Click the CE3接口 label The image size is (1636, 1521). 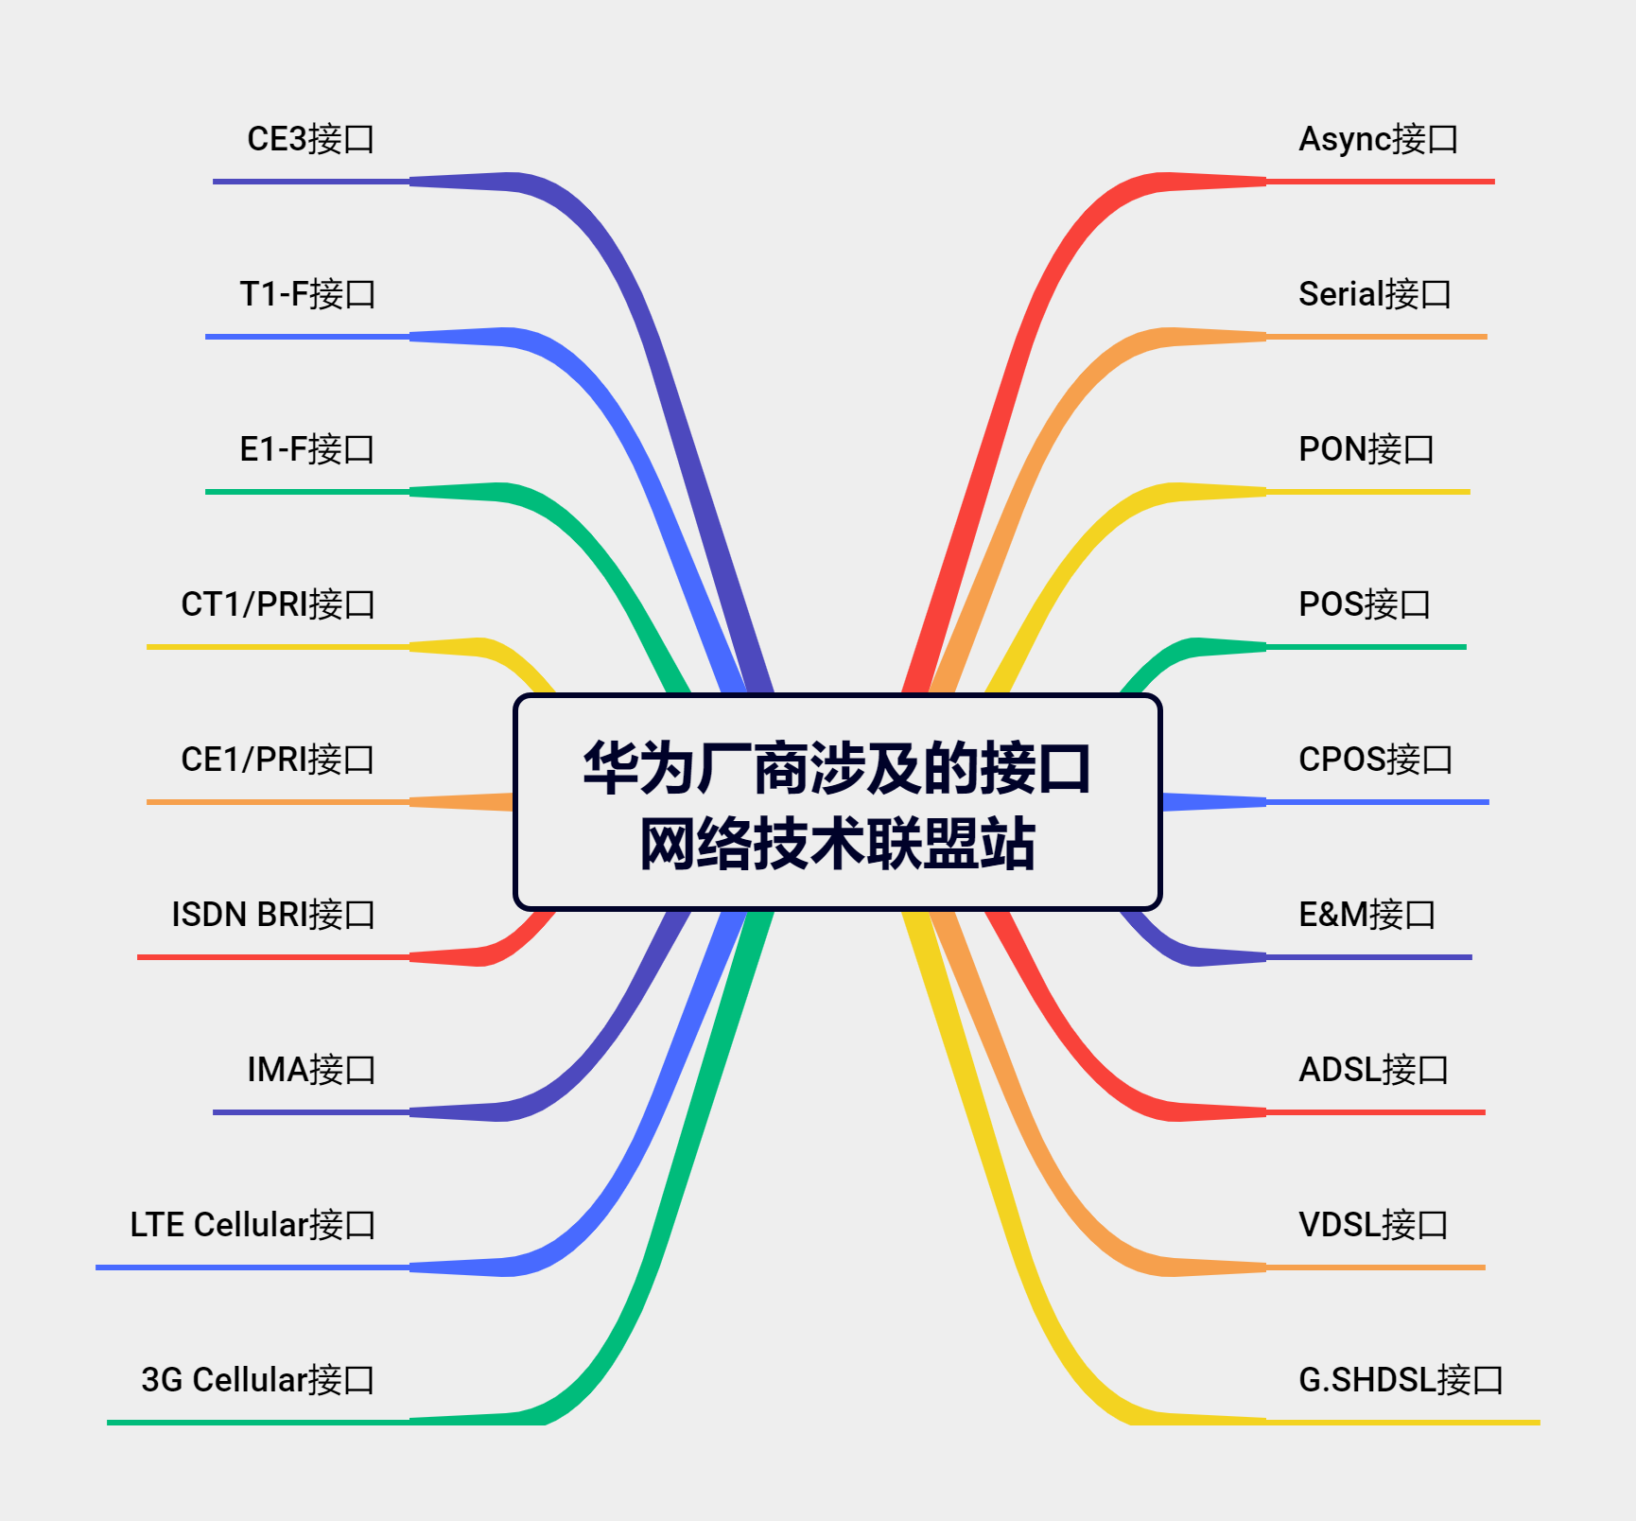pyautogui.click(x=310, y=139)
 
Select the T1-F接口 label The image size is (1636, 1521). pyautogui.click(x=307, y=294)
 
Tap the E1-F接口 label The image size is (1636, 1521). pyautogui.click(x=306, y=449)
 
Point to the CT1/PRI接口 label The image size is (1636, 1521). pyautogui.click(x=278, y=604)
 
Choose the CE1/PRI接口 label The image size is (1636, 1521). pyautogui.click(x=278, y=760)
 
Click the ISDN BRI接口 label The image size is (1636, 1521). pyautogui.click(x=273, y=915)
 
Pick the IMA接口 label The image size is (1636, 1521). pyautogui.click(x=311, y=1070)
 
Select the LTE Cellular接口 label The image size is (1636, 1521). pyautogui.click(x=252, y=1225)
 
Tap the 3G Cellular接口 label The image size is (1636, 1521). pyautogui.click(x=257, y=1380)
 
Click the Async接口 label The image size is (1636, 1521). pyautogui.click(x=1378, y=139)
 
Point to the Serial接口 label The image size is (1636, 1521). pyautogui.click(x=1374, y=294)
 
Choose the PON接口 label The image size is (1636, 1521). pyautogui.click(x=1366, y=449)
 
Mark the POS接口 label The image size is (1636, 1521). pyautogui.click(x=1364, y=604)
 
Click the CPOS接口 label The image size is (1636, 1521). pyautogui.click(x=1375, y=760)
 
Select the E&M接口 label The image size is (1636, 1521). pyautogui.click(x=1366, y=915)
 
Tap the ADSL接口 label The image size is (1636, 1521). pyautogui.click(x=1373, y=1070)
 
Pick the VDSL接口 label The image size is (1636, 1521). pyautogui.click(x=1373, y=1225)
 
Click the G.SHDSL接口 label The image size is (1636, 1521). pyautogui.click(x=1401, y=1380)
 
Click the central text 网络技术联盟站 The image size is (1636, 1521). pyautogui.click(x=837, y=844)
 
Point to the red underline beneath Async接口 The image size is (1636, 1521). pyautogui.click(x=1381, y=182)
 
